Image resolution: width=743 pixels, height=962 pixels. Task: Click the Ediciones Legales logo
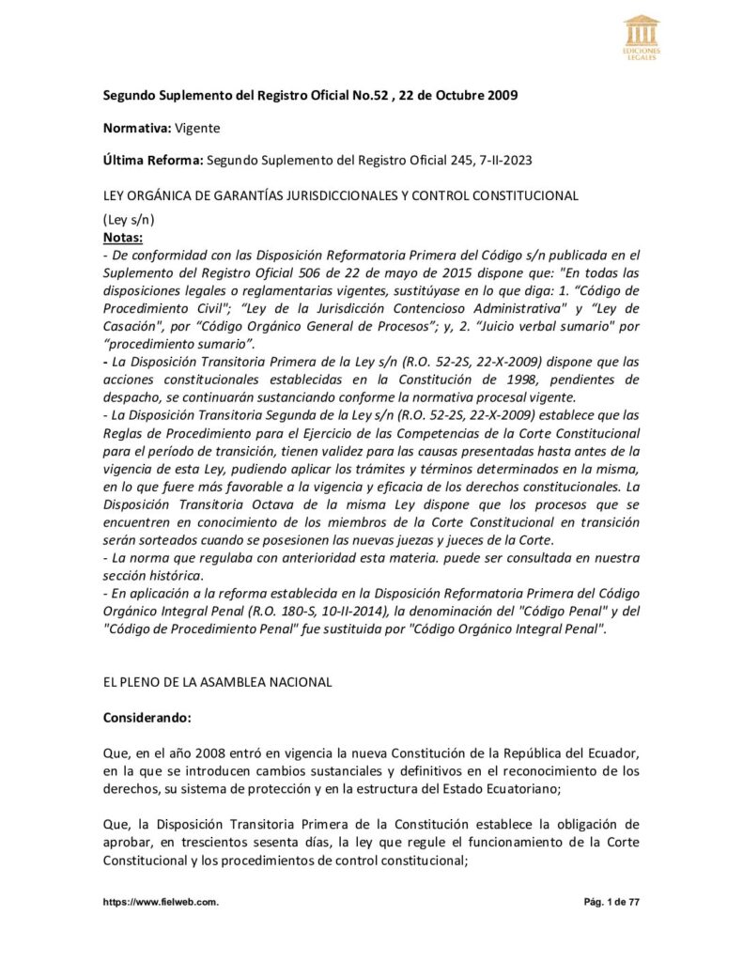tap(642, 37)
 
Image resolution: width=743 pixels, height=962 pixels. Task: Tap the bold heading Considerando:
tap(147, 717)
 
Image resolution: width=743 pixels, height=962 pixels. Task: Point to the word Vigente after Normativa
tap(197, 127)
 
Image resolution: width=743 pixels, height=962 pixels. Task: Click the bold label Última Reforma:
tap(153, 161)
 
